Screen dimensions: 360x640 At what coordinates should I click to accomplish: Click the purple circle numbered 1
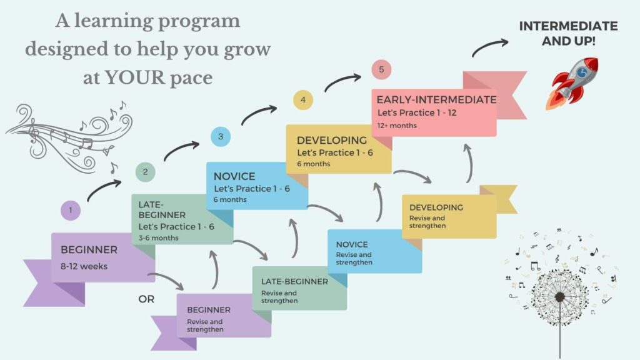(x=71, y=211)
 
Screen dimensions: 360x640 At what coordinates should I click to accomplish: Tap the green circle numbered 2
(x=145, y=172)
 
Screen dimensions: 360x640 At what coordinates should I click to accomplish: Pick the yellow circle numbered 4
(x=302, y=100)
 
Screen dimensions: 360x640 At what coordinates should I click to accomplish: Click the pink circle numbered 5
(x=381, y=69)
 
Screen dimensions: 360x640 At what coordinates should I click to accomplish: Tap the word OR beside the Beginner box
(x=146, y=299)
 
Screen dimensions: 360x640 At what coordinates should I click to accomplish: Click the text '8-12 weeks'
(x=84, y=266)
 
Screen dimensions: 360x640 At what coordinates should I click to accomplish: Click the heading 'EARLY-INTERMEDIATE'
(x=437, y=100)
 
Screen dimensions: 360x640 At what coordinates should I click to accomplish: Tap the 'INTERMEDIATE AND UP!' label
(x=568, y=33)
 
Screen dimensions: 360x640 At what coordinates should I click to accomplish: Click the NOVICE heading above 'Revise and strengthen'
(x=352, y=244)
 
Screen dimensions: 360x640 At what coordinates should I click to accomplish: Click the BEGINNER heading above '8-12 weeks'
(x=89, y=250)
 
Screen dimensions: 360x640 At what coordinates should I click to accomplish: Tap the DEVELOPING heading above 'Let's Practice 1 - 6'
(x=332, y=141)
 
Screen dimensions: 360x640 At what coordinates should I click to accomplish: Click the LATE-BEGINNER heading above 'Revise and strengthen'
(x=294, y=281)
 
